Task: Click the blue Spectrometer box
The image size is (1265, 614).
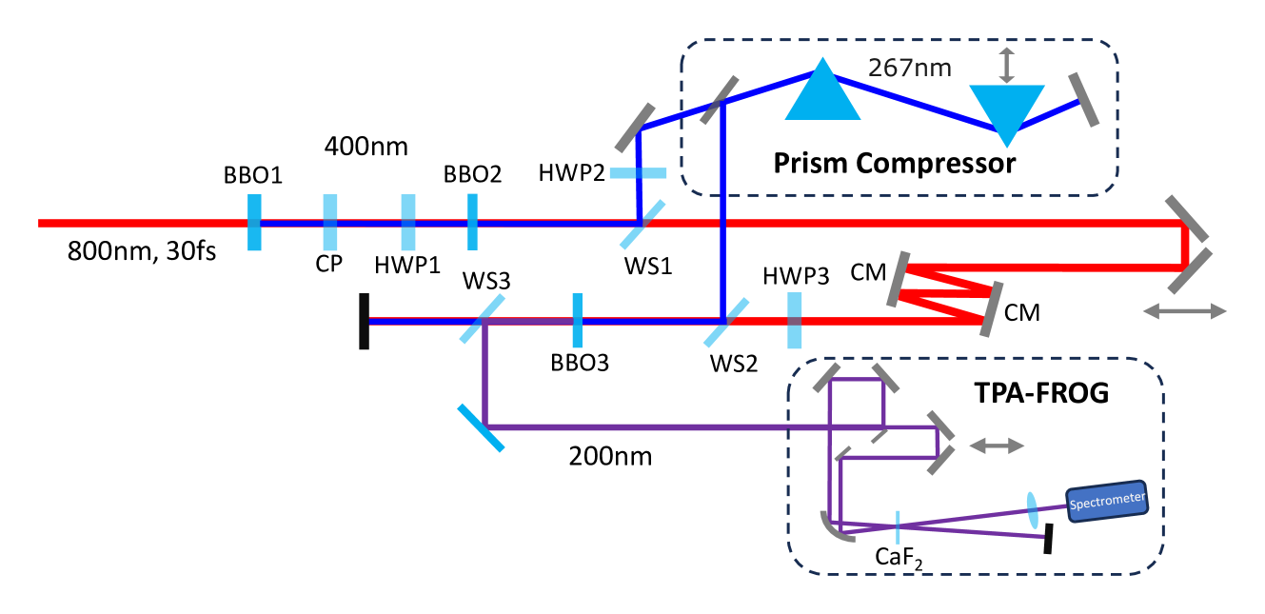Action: pos(1107,502)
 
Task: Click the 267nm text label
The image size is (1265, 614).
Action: pos(909,69)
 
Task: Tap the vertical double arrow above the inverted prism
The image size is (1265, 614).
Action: pos(1007,66)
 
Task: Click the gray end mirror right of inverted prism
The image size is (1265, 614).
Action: pos(1083,99)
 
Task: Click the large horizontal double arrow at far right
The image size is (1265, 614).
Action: pos(1184,311)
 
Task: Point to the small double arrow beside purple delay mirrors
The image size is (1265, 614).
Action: pos(997,446)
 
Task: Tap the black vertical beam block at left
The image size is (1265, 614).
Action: pos(364,322)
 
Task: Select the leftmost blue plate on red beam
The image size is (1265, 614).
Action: pos(254,223)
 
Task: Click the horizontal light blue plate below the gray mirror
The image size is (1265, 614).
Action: pos(638,173)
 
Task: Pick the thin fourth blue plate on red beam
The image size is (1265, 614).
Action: pos(472,222)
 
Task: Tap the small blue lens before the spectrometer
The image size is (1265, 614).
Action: pos(1033,510)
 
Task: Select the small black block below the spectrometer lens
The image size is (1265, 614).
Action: pos(1048,539)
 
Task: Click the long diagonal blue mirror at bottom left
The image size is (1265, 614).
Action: pos(481,427)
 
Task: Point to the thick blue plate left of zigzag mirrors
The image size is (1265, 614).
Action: pos(795,321)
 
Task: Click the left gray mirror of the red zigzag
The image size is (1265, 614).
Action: pos(898,279)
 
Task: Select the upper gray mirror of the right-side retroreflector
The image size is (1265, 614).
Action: pos(1187,219)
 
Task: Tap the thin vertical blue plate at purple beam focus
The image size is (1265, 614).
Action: pos(898,527)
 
